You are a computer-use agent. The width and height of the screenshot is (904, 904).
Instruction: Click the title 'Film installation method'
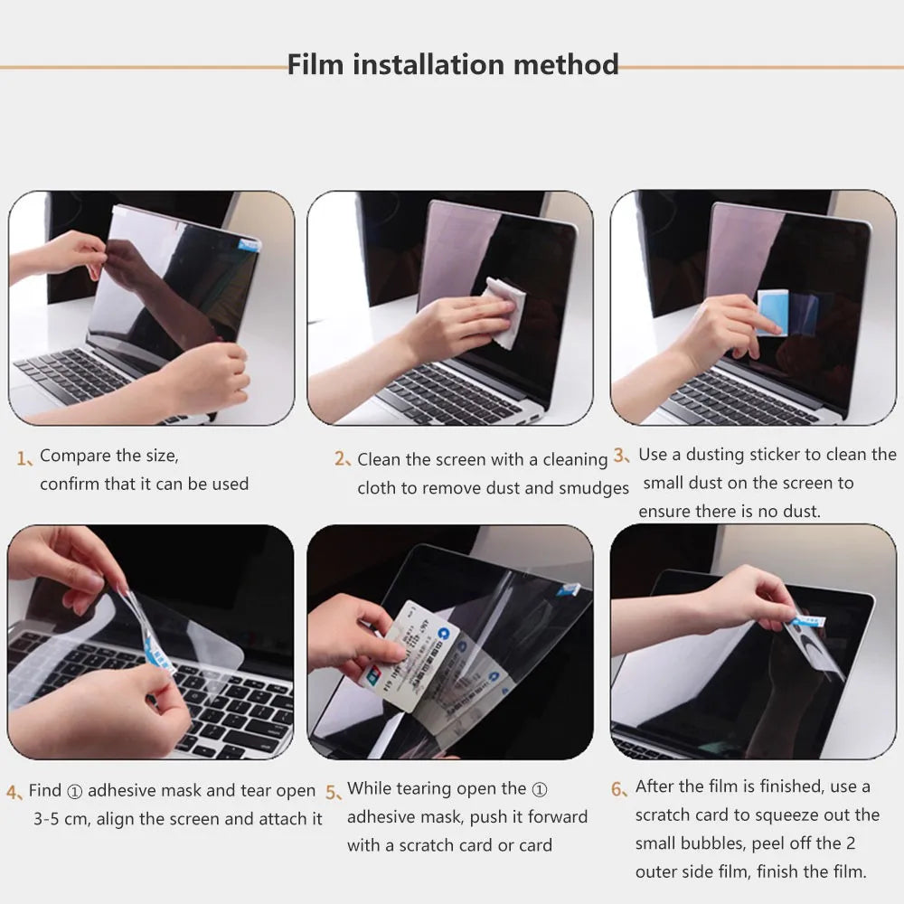coord(453,65)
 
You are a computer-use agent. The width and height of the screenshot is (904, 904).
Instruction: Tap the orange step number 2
coord(341,459)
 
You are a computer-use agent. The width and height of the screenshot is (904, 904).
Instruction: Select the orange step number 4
coord(14,793)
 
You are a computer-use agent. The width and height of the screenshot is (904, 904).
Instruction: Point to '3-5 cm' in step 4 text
coord(61,819)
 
